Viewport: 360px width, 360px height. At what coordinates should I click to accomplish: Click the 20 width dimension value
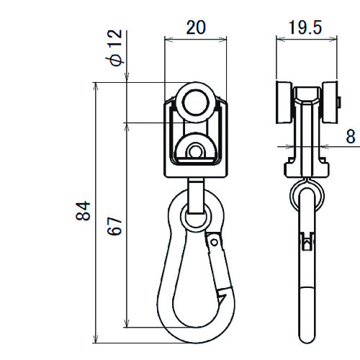click(x=196, y=27)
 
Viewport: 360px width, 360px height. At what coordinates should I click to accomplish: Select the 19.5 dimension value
click(x=305, y=27)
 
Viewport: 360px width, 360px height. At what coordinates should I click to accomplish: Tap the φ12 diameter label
click(x=114, y=48)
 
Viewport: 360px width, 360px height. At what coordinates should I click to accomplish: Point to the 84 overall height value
click(x=83, y=211)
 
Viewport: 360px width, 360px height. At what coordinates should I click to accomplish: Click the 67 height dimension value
click(x=114, y=226)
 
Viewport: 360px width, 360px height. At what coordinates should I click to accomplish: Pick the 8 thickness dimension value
click(x=351, y=137)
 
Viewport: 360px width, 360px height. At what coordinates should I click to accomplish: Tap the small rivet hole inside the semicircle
click(x=195, y=151)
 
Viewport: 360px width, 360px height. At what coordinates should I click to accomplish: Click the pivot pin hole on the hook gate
click(x=215, y=243)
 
